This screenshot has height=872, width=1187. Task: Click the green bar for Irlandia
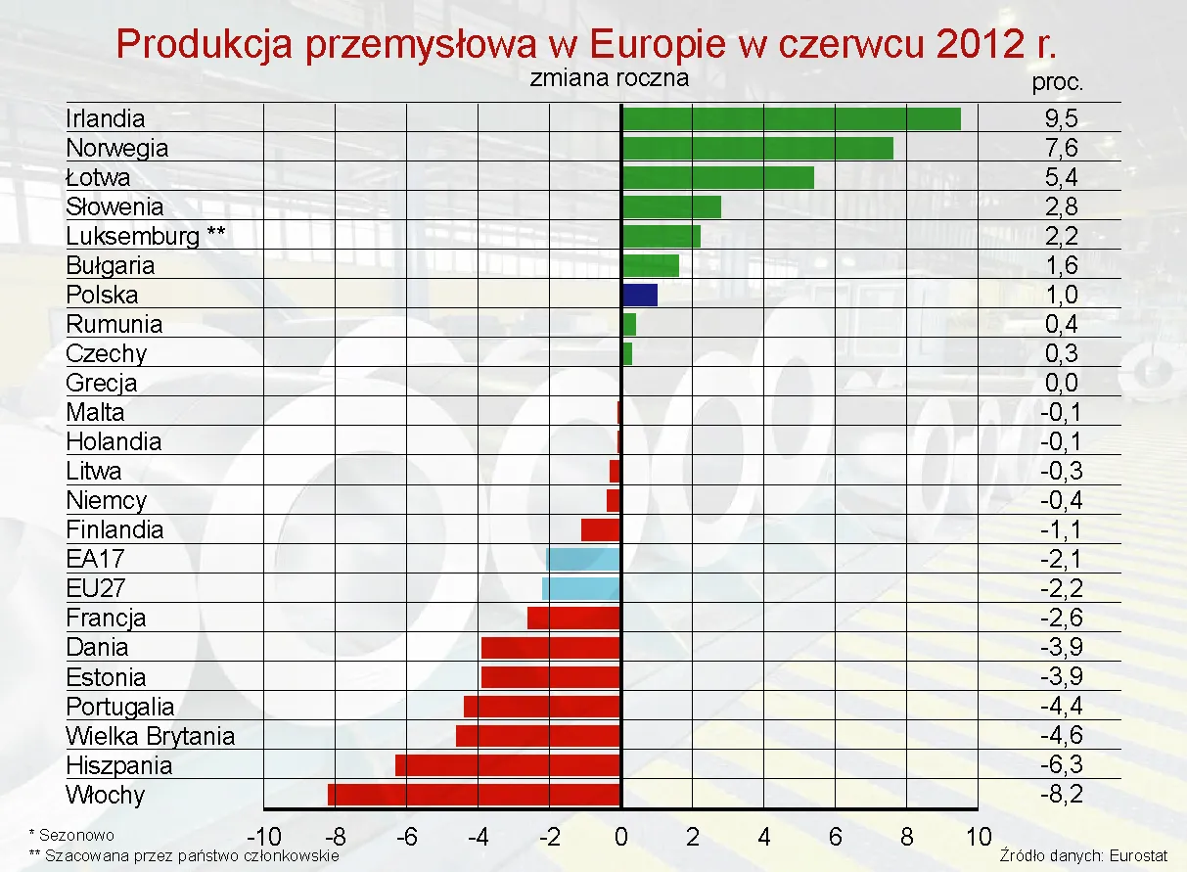791,118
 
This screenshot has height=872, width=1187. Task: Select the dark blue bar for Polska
640,295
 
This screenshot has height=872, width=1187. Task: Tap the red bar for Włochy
475,794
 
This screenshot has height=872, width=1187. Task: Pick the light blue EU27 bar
581,588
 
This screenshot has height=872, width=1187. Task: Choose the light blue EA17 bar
583,559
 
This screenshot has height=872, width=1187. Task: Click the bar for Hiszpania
508,764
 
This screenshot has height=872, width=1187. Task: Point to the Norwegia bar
757,148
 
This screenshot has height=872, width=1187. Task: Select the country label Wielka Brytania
151,736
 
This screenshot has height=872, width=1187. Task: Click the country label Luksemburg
133,236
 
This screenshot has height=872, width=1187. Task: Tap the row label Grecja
102,384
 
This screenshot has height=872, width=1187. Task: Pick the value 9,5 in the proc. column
1061,119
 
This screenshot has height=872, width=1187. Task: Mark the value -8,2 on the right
1061,795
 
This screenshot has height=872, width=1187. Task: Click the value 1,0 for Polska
1061,296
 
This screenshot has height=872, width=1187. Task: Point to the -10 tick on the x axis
263,837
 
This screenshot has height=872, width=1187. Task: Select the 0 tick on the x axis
621,837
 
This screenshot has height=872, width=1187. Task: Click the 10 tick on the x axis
978,837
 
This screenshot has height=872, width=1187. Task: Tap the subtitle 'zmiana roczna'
610,78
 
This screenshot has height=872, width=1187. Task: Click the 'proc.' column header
1058,83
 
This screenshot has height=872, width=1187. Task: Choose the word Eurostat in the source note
1140,855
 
